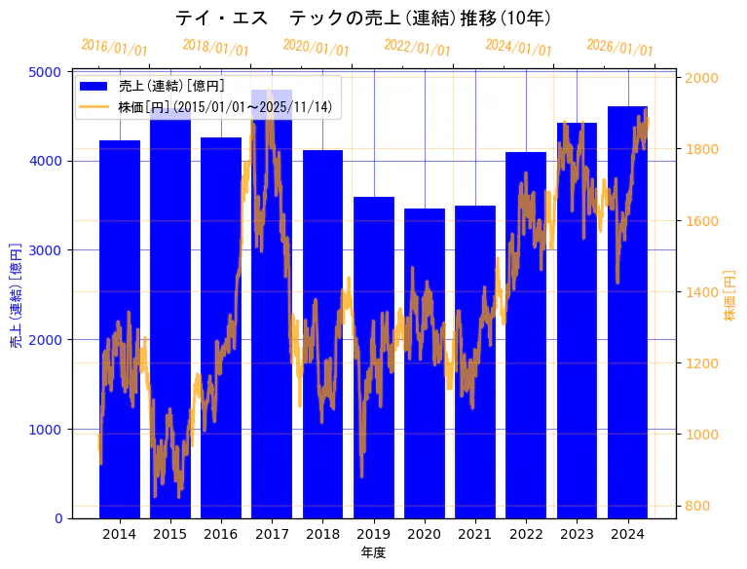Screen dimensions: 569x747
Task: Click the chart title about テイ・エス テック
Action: [363, 18]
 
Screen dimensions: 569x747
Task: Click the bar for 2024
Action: [627, 312]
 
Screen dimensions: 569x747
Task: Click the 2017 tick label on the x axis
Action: [272, 534]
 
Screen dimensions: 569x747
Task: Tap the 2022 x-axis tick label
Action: [526, 534]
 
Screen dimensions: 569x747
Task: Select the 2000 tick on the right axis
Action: [701, 78]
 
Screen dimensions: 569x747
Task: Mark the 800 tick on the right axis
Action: [697, 506]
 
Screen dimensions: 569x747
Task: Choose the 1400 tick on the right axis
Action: [701, 292]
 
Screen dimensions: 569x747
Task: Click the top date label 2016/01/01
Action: [114, 47]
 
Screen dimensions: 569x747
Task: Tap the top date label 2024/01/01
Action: [518, 47]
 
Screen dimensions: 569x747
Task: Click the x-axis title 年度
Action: [373, 552]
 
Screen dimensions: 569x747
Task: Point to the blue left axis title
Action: [16, 295]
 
